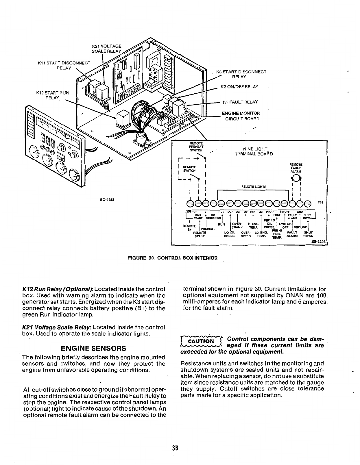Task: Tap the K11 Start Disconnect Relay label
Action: tap(64, 65)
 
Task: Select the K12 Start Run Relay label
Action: tap(53, 95)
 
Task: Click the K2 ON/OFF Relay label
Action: tap(239, 87)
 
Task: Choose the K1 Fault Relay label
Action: tap(240, 102)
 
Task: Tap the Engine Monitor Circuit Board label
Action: tap(241, 116)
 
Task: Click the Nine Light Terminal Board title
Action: tap(254, 151)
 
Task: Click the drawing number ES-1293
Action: tap(319, 242)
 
